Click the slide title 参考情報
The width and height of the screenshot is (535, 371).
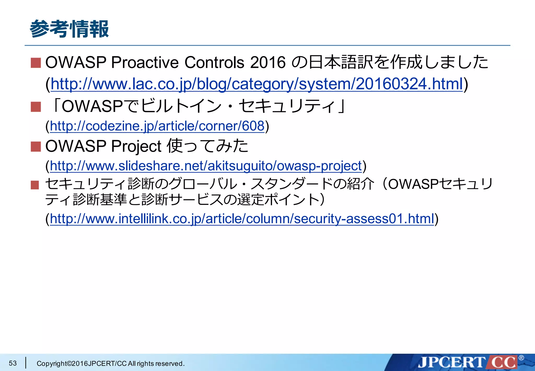[x=69, y=29]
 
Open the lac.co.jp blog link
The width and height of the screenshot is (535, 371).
[x=257, y=84]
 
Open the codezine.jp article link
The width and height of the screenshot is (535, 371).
[x=157, y=126]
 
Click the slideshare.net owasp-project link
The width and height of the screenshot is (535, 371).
[x=206, y=166]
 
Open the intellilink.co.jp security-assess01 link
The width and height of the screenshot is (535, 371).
[x=242, y=219]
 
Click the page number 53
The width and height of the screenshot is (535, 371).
[x=13, y=363]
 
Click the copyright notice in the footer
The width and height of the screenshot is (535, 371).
[x=111, y=363]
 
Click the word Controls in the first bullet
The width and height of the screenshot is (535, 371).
[x=214, y=63]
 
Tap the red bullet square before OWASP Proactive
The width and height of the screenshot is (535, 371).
[x=36, y=63]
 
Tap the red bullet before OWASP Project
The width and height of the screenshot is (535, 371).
[x=36, y=147]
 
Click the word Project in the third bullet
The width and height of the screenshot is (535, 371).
[x=136, y=146]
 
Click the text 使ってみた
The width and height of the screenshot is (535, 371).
[x=208, y=146]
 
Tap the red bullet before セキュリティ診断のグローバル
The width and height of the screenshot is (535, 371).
[x=35, y=185]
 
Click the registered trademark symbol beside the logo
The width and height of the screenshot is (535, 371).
[x=521, y=358]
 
